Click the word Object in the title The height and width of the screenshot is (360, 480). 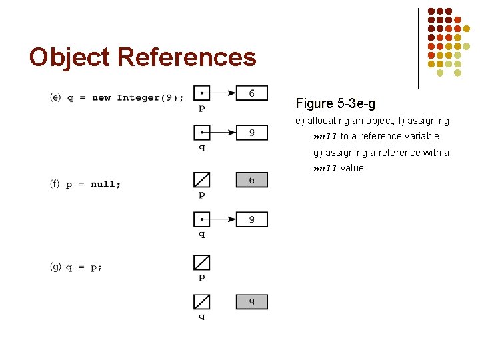(x=70, y=57)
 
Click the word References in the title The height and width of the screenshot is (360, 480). (x=187, y=57)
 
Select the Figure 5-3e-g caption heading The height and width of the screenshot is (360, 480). (x=335, y=103)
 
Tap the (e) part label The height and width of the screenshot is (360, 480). (x=55, y=97)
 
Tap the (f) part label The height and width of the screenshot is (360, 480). (x=55, y=184)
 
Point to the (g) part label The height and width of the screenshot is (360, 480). (x=55, y=267)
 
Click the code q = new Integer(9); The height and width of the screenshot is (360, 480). (x=125, y=98)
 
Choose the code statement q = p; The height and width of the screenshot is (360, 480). (x=84, y=267)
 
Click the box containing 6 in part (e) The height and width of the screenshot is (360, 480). (x=251, y=93)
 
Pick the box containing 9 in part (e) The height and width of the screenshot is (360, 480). (x=251, y=132)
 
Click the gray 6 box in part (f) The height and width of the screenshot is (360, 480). (x=251, y=180)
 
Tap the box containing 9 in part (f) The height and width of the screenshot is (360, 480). (x=251, y=219)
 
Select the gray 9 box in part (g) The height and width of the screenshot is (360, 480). (x=251, y=302)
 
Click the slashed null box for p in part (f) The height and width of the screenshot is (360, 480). (x=201, y=180)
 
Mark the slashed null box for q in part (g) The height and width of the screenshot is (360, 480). (x=201, y=302)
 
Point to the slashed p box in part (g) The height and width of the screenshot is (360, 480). (x=201, y=262)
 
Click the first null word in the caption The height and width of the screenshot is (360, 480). (x=325, y=137)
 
